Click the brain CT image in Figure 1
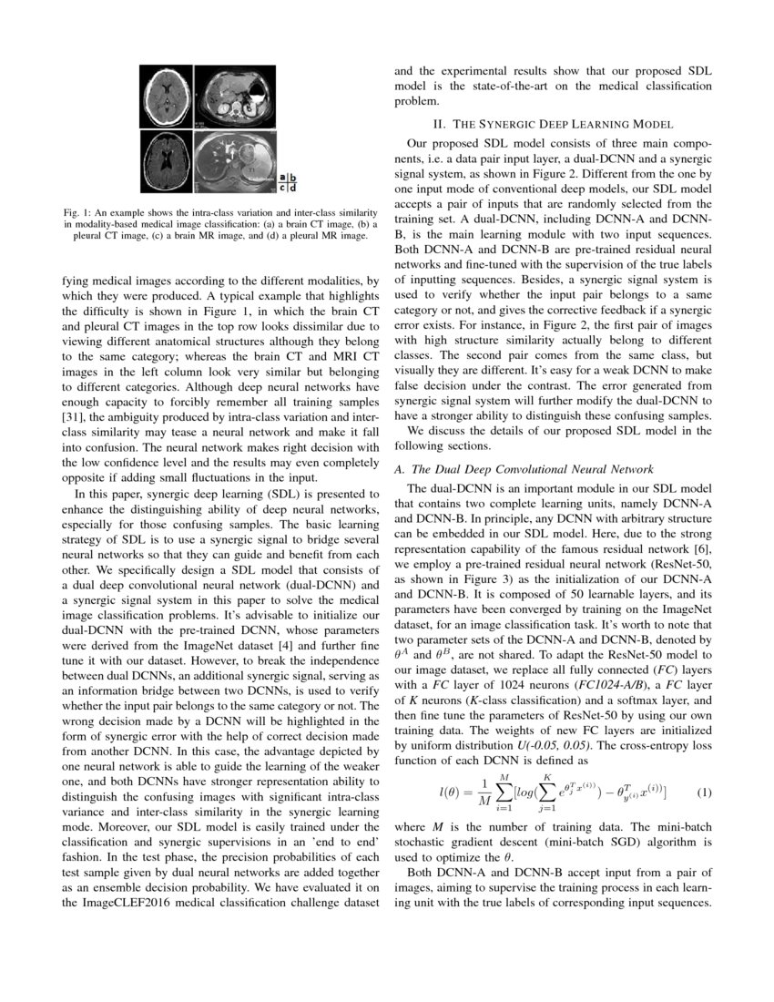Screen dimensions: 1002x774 pyautogui.click(x=168, y=97)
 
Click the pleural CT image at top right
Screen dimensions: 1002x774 pyautogui.click(x=235, y=97)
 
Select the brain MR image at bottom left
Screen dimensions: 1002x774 pyautogui.click(x=168, y=161)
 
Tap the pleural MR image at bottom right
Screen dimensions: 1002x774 pyautogui.click(x=235, y=161)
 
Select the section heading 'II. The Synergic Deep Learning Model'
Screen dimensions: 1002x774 pyautogui.click(x=552, y=124)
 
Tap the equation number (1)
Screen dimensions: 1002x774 pyautogui.click(x=704, y=792)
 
